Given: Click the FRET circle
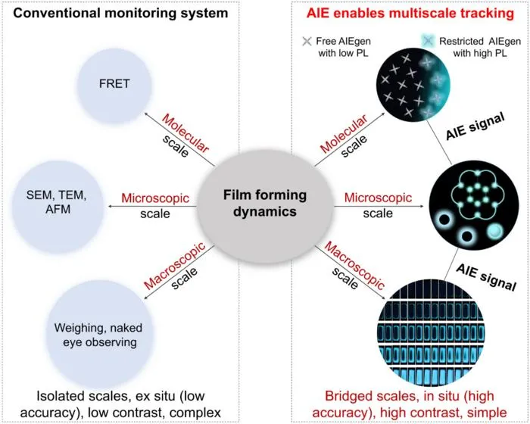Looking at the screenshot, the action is click(x=114, y=86).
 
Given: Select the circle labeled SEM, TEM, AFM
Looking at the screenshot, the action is click(x=58, y=207).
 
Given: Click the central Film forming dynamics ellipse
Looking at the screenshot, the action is click(x=265, y=207).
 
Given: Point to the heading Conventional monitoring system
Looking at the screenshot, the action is click(x=120, y=13).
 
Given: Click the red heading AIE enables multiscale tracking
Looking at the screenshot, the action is click(x=410, y=13).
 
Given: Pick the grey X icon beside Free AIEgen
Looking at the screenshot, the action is click(x=307, y=42).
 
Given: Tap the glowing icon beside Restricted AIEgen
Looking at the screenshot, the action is click(x=428, y=41).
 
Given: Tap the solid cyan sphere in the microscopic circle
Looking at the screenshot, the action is click(x=494, y=232).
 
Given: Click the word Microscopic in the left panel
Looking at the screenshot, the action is click(x=155, y=198).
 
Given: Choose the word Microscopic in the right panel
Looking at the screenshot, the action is click(x=378, y=198).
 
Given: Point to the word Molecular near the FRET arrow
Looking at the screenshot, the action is click(x=185, y=133).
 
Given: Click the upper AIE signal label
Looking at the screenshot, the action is click(x=475, y=126).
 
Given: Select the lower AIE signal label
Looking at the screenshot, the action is click(x=486, y=277).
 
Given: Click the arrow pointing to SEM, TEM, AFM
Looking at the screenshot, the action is click(x=151, y=206).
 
